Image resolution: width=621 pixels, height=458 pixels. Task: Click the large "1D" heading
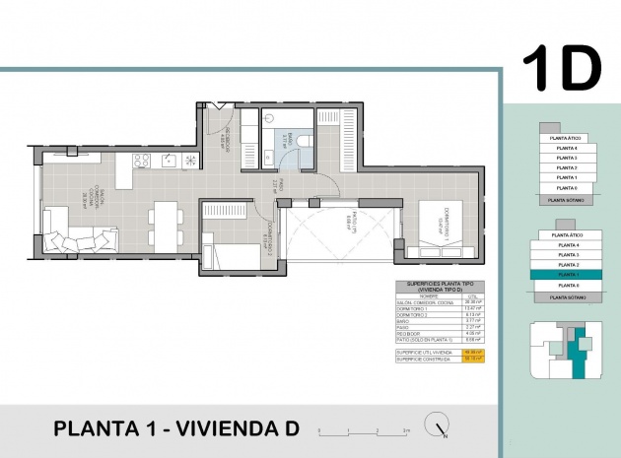[x=561, y=68]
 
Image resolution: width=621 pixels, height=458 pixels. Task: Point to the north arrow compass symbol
[x=436, y=426]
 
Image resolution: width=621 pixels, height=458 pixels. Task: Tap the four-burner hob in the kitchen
[x=141, y=162]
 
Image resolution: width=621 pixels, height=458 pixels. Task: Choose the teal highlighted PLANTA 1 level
[x=567, y=276]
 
